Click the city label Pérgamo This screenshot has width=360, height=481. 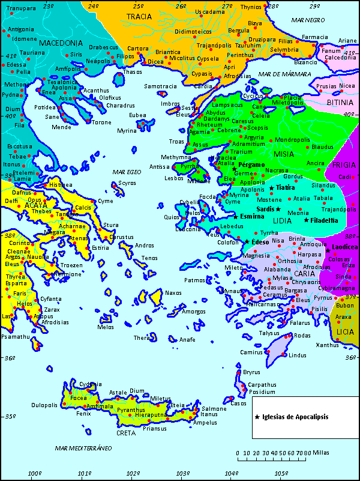pyautogui.click(x=251, y=165)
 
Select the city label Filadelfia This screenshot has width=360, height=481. pyautogui.click(x=325, y=220)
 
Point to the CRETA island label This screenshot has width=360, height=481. pyautogui.click(x=126, y=432)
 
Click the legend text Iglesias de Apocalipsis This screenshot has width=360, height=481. pyautogui.click(x=295, y=416)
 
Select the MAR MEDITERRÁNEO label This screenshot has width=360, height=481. pyautogui.click(x=83, y=448)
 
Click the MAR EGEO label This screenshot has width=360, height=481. pyautogui.click(x=127, y=172)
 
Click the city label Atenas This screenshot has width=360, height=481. pyautogui.click(x=78, y=238)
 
